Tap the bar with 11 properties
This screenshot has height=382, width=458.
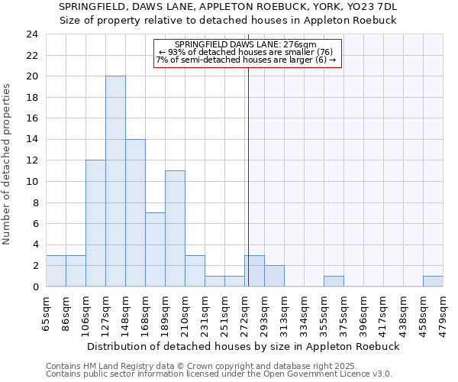[x=175, y=228]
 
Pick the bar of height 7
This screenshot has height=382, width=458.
[x=155, y=249]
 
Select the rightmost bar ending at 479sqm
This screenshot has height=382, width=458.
[x=433, y=281]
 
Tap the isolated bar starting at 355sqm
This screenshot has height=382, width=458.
[x=334, y=281]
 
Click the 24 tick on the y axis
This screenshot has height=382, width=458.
[x=32, y=34]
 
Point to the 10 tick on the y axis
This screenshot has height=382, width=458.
[x=32, y=182]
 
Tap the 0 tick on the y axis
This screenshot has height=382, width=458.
[x=35, y=286]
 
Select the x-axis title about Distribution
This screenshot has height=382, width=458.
[x=244, y=346]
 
